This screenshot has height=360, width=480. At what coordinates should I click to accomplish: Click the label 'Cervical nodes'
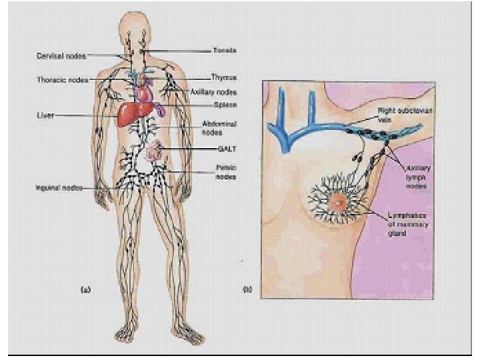point(59,55)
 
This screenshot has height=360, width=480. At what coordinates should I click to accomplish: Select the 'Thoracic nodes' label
point(61,80)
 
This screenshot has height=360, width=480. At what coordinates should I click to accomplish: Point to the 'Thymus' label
point(223,78)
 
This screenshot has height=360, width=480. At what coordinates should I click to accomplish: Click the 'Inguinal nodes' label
point(58,188)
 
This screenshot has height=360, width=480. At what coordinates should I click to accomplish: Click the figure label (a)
point(85,289)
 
